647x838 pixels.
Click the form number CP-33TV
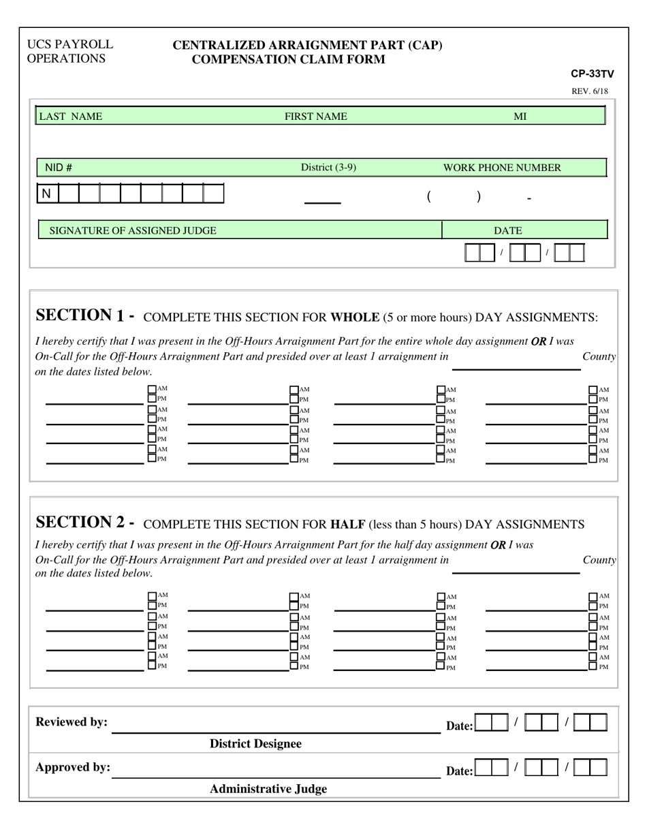(592, 74)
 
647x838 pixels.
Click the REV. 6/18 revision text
(589, 91)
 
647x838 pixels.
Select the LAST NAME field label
(71, 117)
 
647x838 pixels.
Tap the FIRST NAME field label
(315, 117)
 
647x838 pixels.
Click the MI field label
(520, 117)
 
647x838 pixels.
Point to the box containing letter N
(47, 194)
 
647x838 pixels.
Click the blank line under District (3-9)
(322, 202)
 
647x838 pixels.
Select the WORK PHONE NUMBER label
(502, 168)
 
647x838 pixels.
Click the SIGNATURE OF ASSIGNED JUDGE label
(133, 230)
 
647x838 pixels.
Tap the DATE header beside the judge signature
(508, 230)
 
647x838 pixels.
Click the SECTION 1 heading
(84, 315)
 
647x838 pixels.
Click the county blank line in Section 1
(516, 369)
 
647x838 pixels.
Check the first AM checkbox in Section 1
(152, 390)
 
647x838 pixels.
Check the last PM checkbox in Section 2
(593, 666)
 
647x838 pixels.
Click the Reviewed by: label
(72, 722)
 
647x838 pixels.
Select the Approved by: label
(73, 767)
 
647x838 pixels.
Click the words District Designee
(255, 744)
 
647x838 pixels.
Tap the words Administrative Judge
(268, 789)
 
